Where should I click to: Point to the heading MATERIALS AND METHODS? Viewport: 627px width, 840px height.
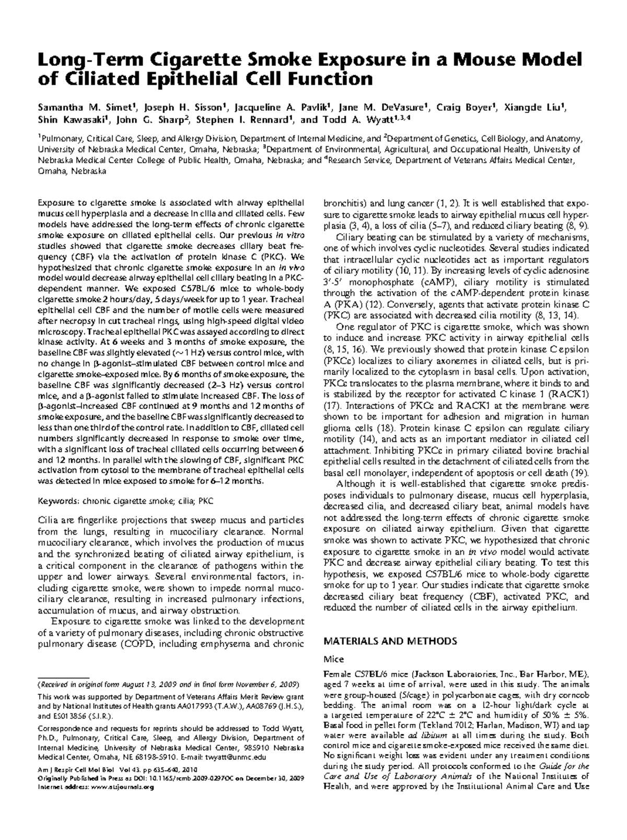[390, 641]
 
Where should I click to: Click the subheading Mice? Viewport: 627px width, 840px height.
[333, 659]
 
